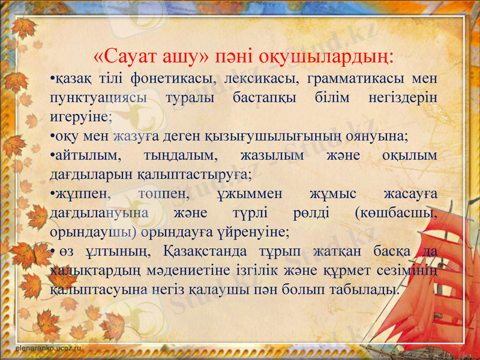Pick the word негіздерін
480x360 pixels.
(x=404, y=98)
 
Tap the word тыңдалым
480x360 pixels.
(x=178, y=155)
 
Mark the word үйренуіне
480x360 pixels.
(x=256, y=232)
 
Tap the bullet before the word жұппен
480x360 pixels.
(x=52, y=194)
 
